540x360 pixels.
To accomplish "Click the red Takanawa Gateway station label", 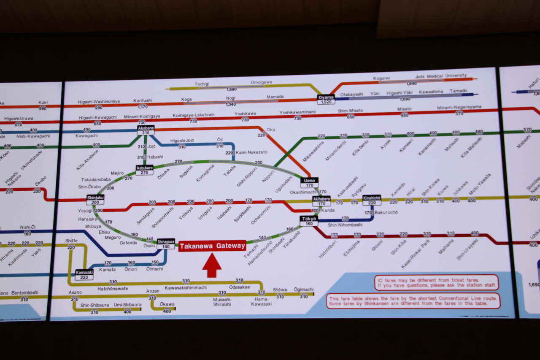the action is [x=212, y=246].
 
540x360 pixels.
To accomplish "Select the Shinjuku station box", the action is [x=95, y=200].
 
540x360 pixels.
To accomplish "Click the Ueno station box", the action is [x=310, y=182].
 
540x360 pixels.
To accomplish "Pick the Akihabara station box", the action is [x=321, y=201].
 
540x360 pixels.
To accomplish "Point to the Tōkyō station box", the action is [x=309, y=221].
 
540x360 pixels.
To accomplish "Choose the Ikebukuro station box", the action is [x=144, y=170].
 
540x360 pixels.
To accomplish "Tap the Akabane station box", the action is [x=146, y=130].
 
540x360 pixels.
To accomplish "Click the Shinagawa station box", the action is [x=166, y=244].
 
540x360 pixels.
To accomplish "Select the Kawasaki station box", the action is [x=84, y=274].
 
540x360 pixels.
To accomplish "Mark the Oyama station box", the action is [x=326, y=100].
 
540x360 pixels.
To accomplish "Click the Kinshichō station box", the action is [x=372, y=200].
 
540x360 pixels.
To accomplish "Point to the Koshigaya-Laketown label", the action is [x=194, y=115].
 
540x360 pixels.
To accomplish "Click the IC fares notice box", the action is [x=437, y=282].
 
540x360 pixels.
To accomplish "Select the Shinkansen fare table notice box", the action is [x=413, y=300].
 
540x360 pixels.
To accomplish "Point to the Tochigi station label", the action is [x=202, y=84].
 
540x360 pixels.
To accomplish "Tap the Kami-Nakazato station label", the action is [x=251, y=152].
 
